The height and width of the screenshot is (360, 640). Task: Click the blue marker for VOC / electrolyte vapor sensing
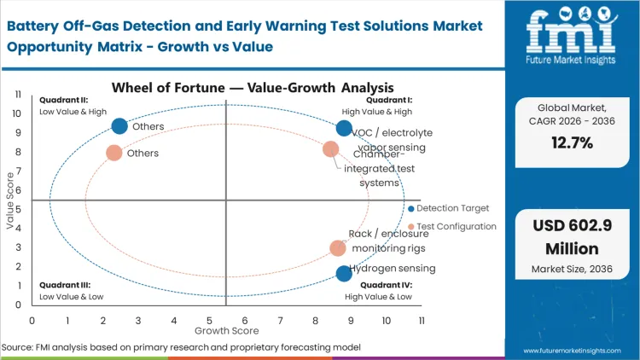click(344, 129)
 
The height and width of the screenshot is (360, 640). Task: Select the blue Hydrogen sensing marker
click(344, 273)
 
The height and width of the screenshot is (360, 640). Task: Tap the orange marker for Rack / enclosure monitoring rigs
click(338, 248)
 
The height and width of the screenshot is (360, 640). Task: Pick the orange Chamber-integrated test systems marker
click(330, 149)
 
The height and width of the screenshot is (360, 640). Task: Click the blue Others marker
click(119, 126)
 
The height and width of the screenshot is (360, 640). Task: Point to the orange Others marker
click(113, 153)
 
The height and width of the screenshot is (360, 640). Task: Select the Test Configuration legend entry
click(455, 226)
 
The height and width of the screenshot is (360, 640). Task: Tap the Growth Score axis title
click(225, 329)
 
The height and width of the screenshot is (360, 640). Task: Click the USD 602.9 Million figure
click(569, 237)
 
